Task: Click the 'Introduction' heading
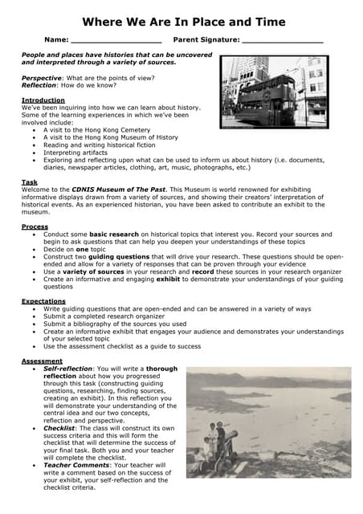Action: [43, 100]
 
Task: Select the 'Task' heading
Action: [30, 182]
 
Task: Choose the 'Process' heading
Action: [35, 227]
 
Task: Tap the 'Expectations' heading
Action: [43, 301]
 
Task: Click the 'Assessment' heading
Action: [42, 361]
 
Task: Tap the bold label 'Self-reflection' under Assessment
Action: [69, 369]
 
